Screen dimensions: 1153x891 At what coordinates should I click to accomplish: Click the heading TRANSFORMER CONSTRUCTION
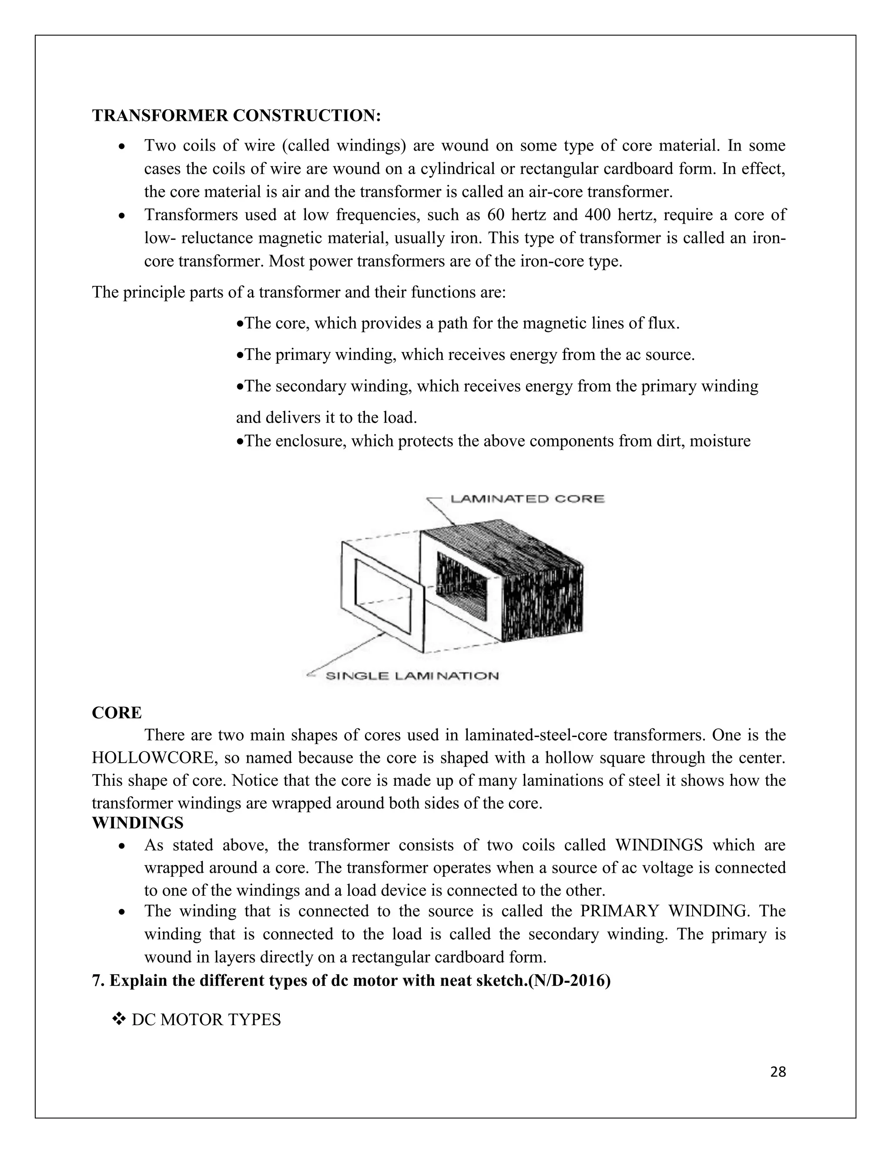tap(236, 116)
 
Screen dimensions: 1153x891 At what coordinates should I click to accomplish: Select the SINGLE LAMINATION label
tap(412, 676)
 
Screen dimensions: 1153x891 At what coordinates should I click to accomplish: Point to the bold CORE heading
tap(117, 713)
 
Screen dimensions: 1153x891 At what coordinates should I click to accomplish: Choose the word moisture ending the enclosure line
tap(720, 441)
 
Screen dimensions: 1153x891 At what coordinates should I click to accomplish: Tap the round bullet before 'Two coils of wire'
tap(122, 146)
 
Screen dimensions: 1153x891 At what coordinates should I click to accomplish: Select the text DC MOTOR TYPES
tap(206, 1019)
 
